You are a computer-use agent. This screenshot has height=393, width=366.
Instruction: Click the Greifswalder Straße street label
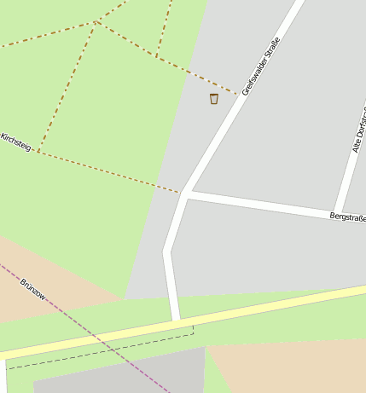261,65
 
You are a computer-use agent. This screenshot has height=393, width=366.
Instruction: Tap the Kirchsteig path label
16,142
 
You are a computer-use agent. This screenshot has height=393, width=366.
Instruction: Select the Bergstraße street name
347,218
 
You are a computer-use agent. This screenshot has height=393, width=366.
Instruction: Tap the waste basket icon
213,99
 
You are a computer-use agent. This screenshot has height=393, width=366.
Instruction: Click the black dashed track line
102,352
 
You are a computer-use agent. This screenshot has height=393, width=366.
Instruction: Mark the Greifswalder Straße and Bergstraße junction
186,194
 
